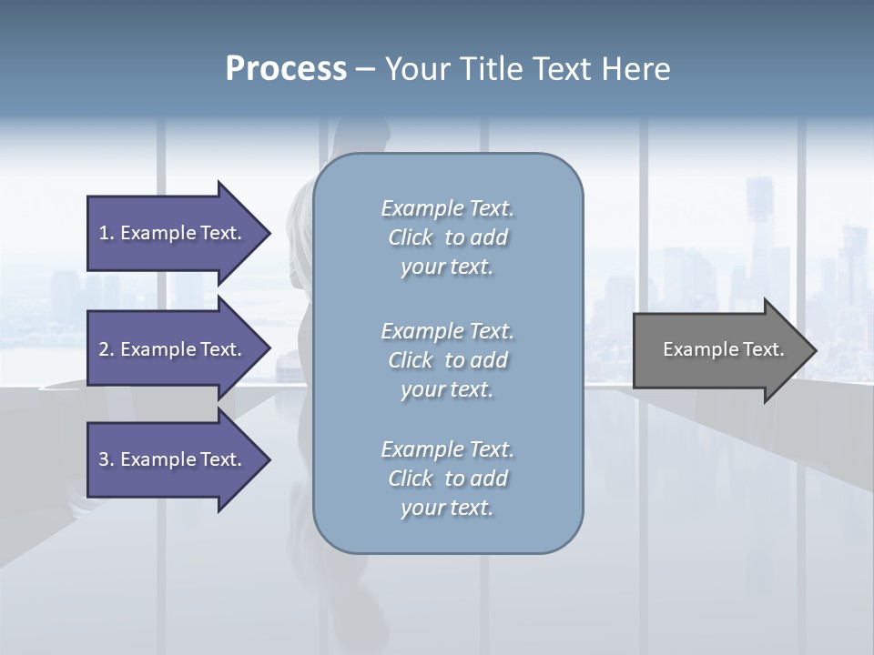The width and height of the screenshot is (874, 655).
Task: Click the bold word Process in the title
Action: point(286,69)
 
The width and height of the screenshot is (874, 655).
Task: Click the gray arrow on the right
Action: point(719,350)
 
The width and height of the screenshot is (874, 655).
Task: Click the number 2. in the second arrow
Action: point(107,349)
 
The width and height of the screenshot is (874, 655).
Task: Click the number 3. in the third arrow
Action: point(107,459)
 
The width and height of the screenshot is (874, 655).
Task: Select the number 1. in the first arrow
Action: point(107,233)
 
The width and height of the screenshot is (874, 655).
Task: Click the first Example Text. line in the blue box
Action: point(447,208)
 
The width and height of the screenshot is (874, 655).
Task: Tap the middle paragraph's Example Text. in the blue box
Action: point(447,331)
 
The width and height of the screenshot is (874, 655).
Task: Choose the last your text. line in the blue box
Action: point(447,509)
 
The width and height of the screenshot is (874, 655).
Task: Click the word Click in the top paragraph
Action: point(411,237)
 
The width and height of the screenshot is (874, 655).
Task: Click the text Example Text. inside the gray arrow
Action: point(724,349)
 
